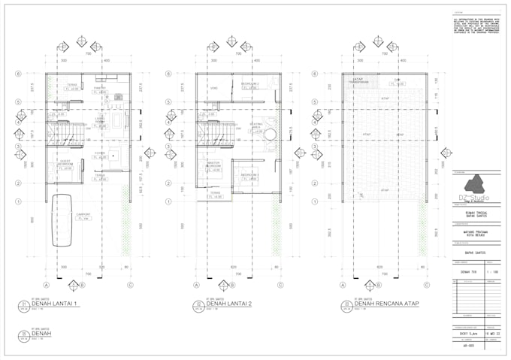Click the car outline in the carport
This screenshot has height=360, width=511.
point(62,219)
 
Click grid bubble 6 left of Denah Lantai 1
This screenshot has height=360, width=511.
point(18,74)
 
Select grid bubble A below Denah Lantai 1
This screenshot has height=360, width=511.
point(47,285)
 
